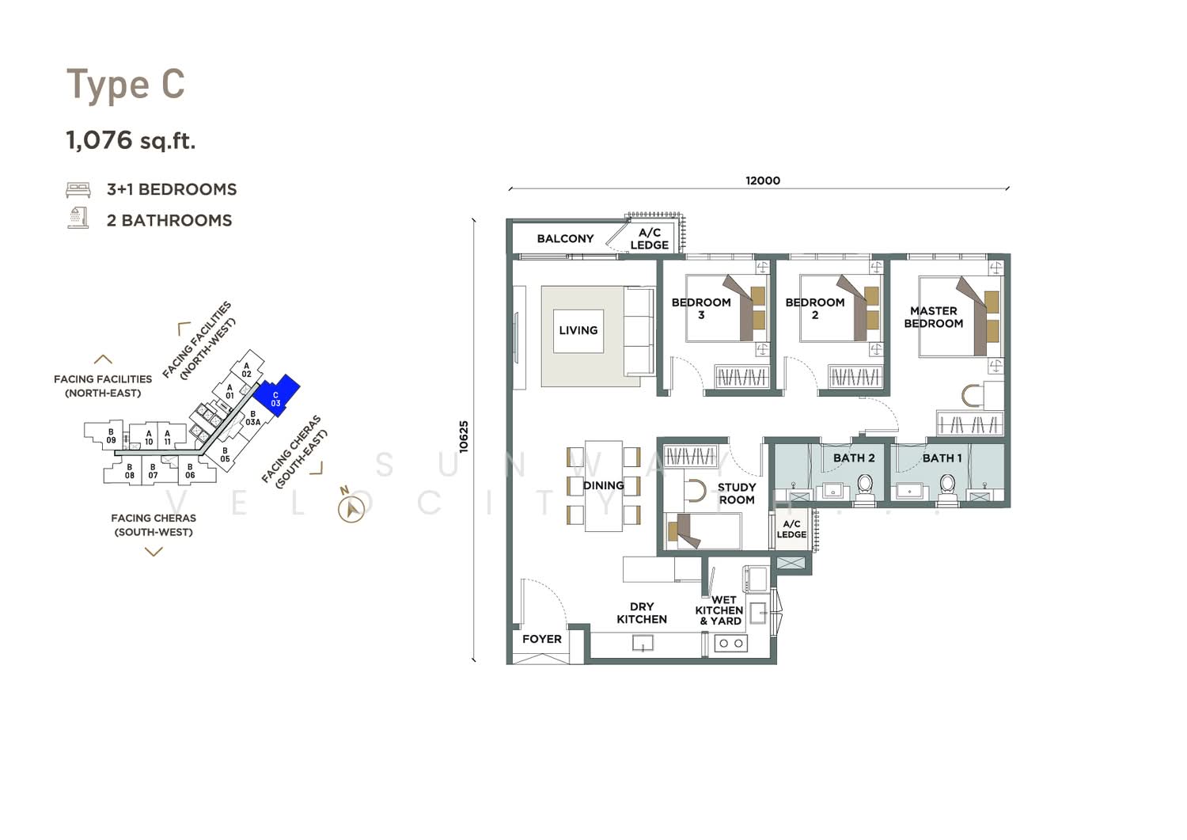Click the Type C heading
tap(126, 85)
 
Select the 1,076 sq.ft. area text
tap(131, 141)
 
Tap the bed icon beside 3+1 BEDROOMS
tap(78, 189)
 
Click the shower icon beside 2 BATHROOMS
tap(78, 218)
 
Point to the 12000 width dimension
tap(763, 181)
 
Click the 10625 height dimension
tap(464, 437)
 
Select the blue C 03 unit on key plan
tap(276, 396)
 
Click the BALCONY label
tap(565, 238)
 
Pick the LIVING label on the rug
tap(578, 330)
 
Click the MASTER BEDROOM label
tap(933, 317)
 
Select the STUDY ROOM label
tap(736, 493)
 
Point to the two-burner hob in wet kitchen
tap(730, 643)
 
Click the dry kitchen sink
tap(643, 643)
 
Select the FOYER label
tap(541, 639)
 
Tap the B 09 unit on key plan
tap(111, 436)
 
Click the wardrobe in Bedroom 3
tap(742, 377)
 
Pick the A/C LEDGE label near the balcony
tap(649, 238)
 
